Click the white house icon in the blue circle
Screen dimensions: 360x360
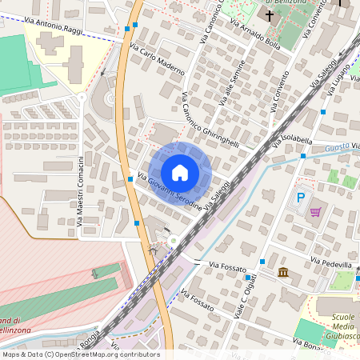click(180, 173)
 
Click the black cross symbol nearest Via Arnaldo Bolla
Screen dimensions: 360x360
click(270, 15)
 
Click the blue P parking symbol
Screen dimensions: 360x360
click(301, 198)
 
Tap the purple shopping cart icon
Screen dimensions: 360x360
click(315, 212)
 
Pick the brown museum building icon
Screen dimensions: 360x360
click(283, 273)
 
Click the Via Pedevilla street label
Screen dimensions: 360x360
click(330, 263)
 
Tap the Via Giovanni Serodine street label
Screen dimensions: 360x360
click(169, 193)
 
